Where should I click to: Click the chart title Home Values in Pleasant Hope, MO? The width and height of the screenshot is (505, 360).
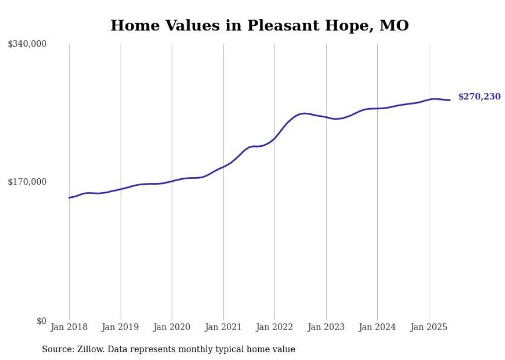click(x=260, y=25)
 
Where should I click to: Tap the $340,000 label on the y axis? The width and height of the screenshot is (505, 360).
click(x=27, y=44)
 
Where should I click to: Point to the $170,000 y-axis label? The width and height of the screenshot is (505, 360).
click(x=27, y=182)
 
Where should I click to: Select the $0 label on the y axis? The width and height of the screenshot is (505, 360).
click(x=41, y=321)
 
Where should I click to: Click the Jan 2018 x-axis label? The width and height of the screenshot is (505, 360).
click(x=69, y=327)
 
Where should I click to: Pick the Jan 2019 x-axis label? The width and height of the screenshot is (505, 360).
click(x=121, y=327)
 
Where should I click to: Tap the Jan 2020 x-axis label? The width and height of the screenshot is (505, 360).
click(x=172, y=327)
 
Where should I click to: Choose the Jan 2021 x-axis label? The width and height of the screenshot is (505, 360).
click(x=223, y=327)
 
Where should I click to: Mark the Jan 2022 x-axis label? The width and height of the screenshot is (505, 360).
click(x=275, y=327)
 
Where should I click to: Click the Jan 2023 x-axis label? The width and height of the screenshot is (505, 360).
click(x=326, y=327)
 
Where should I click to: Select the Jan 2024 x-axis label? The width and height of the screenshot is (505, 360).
click(x=377, y=327)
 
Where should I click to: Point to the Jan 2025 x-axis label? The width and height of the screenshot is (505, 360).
click(x=429, y=327)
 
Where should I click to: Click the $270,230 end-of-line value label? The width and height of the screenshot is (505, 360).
click(x=479, y=97)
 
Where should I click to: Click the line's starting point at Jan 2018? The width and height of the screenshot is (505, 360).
click(x=69, y=198)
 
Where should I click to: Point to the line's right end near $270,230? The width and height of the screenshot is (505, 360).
click(x=450, y=100)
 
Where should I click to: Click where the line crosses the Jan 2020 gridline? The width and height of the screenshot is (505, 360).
click(x=172, y=181)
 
